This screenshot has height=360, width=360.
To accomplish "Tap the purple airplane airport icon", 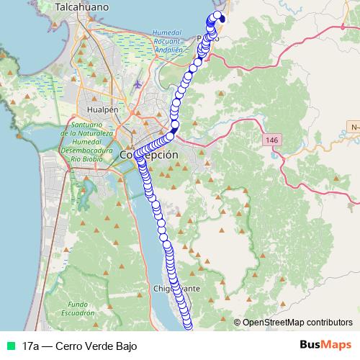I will click(x=138, y=84).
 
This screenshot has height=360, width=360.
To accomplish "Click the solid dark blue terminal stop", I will click(x=222, y=19).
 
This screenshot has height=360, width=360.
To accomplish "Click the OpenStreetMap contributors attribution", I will click(x=297, y=322).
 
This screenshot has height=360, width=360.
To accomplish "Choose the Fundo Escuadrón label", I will click(x=77, y=309).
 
